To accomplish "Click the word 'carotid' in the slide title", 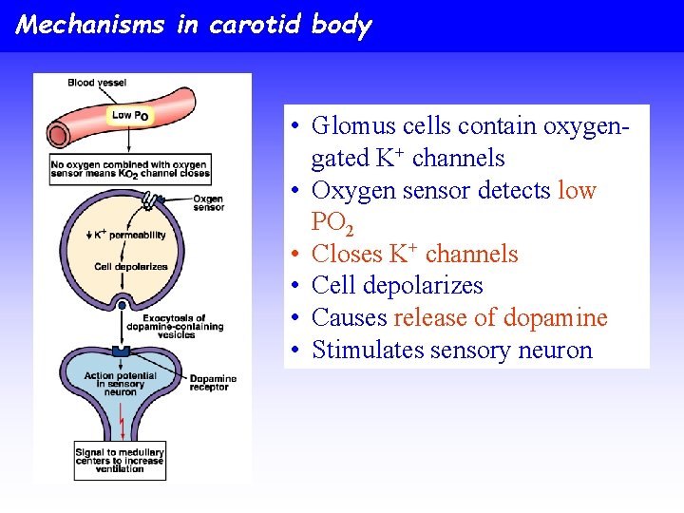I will click(x=256, y=25).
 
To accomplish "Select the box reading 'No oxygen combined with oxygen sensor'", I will click(x=129, y=170).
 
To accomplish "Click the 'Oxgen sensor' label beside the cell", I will click(x=208, y=202).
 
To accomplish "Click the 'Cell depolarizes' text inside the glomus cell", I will click(x=131, y=267).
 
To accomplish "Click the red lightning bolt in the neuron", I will click(x=123, y=425).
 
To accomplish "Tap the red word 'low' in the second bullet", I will click(x=577, y=190).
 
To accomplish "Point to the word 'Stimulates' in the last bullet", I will click(x=368, y=350).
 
